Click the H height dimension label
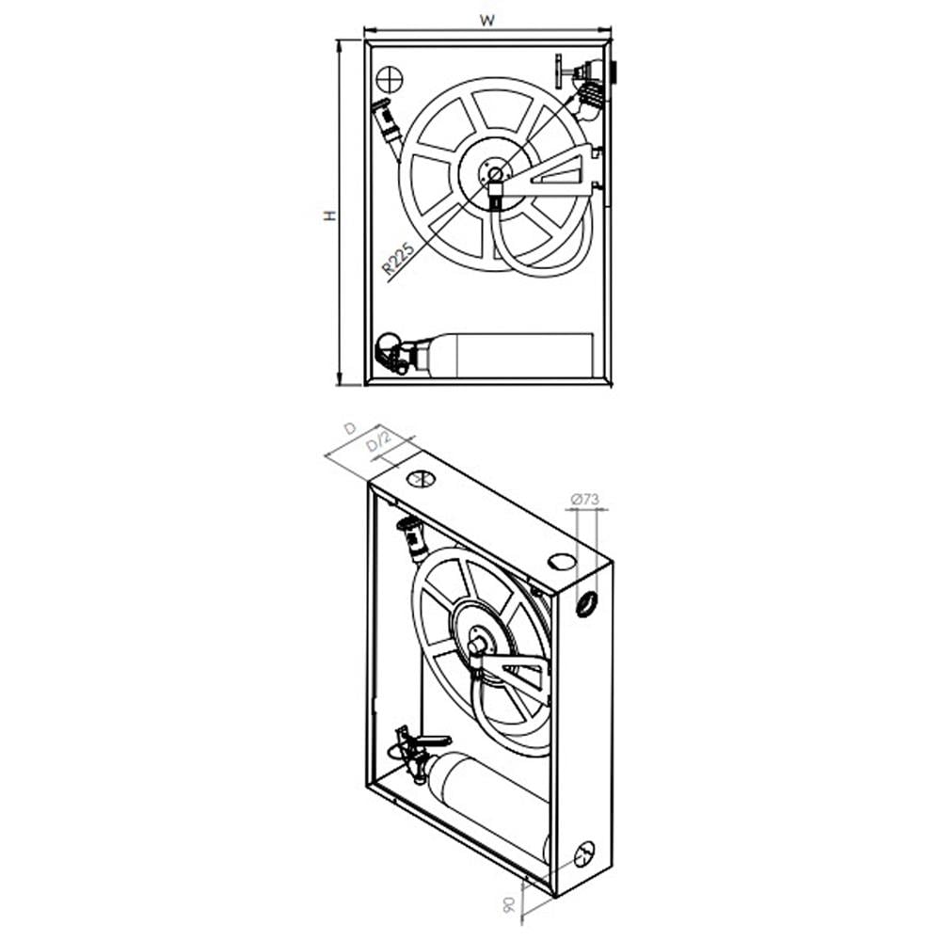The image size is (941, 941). click(329, 215)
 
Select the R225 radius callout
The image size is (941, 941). click(398, 259)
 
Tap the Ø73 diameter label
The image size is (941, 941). click(584, 499)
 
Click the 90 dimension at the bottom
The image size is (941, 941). click(509, 905)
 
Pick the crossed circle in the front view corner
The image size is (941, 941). click(390, 80)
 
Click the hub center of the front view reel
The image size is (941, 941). click(495, 174)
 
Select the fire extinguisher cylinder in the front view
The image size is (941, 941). click(510, 356)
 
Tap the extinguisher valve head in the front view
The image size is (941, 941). click(393, 353)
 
